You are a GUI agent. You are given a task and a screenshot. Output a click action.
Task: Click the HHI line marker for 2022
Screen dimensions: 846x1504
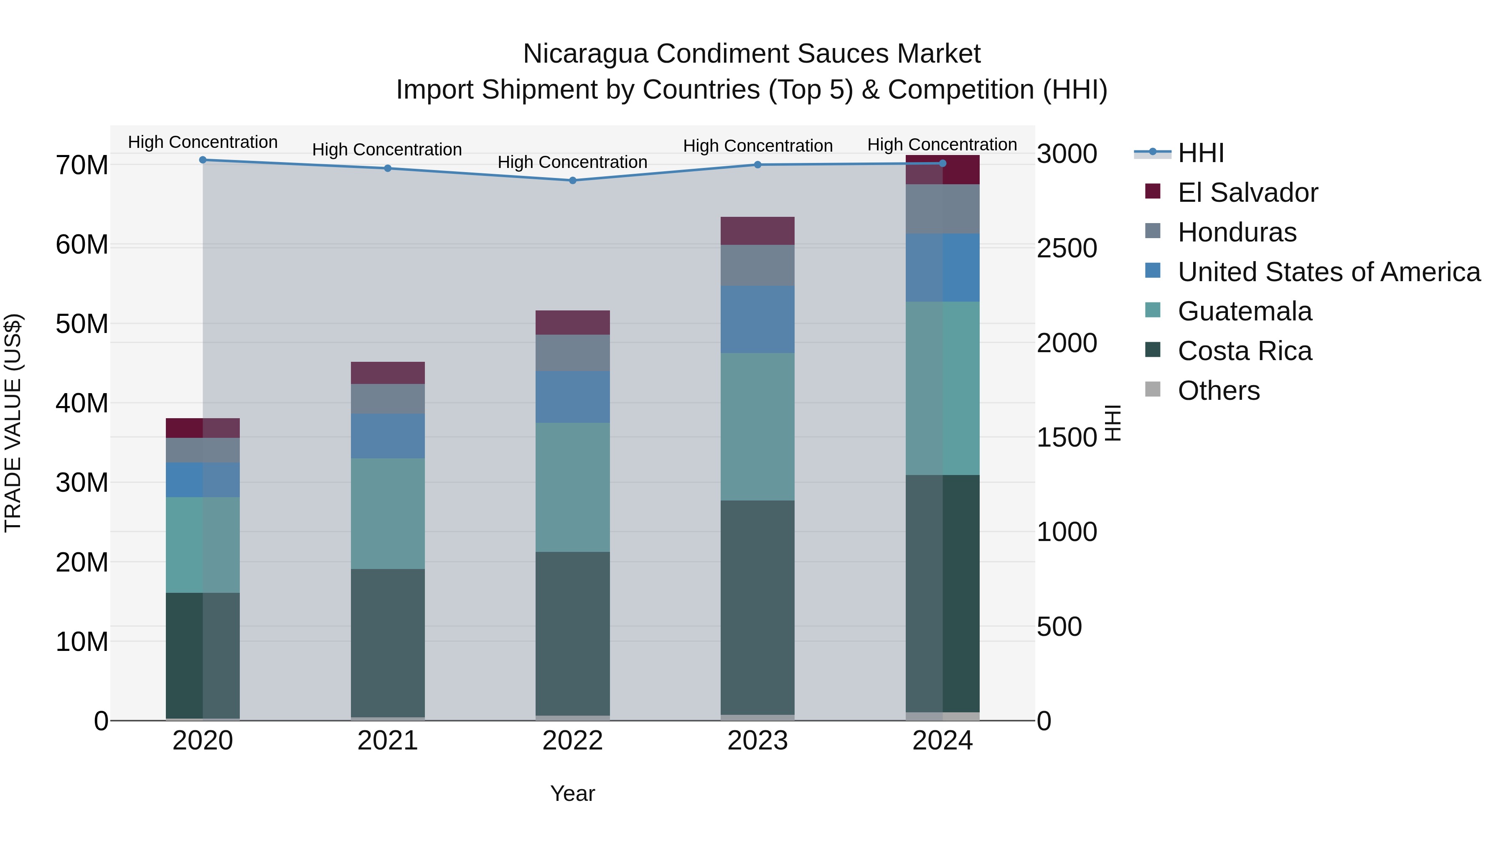(x=572, y=180)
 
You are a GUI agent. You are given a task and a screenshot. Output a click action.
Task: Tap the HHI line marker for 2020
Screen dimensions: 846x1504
(x=203, y=160)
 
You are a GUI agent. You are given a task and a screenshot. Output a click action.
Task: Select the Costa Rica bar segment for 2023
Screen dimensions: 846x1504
(x=757, y=607)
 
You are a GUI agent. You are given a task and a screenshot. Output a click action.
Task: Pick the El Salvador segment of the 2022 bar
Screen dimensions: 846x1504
(x=572, y=322)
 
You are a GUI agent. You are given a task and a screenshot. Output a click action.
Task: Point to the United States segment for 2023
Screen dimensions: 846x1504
(x=757, y=319)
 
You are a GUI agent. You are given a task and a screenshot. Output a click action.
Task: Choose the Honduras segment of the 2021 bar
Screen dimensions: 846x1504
(x=388, y=399)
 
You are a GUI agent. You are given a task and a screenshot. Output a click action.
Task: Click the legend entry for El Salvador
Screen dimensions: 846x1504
(x=1247, y=193)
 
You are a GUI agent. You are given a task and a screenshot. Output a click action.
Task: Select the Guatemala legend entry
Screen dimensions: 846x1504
(x=1244, y=311)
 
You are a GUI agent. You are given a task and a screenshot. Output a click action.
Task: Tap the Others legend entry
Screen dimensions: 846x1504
(x=1219, y=391)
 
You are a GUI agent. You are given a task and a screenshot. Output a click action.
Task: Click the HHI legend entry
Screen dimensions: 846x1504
(x=1200, y=153)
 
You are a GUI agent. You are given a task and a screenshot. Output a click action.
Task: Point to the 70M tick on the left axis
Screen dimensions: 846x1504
(x=82, y=165)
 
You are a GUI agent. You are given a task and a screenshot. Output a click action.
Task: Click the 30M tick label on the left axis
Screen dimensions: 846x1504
(x=82, y=483)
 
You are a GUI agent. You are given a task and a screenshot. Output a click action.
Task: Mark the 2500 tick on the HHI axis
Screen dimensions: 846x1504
(x=1067, y=248)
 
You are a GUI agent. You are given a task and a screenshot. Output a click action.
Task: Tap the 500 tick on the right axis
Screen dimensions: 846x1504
(x=1059, y=627)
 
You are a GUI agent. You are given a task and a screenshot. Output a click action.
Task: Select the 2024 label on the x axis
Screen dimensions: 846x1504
(x=943, y=741)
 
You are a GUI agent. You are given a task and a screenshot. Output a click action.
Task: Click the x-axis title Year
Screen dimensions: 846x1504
(x=572, y=793)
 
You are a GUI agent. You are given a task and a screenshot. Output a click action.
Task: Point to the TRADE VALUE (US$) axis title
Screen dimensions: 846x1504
(x=13, y=423)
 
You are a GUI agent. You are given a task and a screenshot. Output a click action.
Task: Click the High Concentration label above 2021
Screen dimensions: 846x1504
(x=387, y=150)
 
